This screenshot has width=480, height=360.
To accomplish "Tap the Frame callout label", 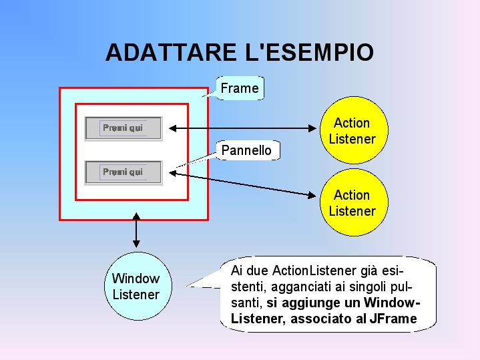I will coord(239,88).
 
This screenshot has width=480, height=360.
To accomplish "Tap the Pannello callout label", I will coord(246,150).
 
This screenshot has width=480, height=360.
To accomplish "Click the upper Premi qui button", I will coord(124,128).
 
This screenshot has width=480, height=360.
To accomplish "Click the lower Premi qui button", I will coord(124,172).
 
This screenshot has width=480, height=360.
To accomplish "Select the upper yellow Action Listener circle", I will coord(352,131).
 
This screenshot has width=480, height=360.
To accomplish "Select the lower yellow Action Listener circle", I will coord(352,203).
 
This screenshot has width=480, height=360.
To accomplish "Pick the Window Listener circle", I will coord(136,286).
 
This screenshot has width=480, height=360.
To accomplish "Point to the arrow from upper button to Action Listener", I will coord(240,128).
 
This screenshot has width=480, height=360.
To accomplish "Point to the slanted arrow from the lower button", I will coord(240,184).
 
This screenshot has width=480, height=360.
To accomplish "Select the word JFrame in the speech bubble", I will coord(397,319).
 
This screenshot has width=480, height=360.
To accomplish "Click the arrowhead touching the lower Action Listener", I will coord(312,196).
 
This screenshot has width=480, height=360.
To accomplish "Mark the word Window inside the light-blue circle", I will coord(136,279).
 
